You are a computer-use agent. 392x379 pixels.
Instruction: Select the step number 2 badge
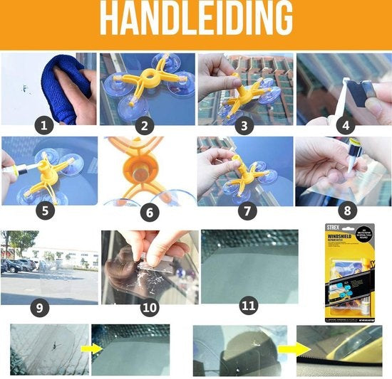coord(145,127)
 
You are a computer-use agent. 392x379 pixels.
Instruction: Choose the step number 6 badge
coord(145,210)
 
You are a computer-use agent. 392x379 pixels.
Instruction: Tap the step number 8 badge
coord(346,210)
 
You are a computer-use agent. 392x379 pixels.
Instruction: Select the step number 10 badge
coord(148,308)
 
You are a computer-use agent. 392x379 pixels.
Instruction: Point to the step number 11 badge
coord(247,306)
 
